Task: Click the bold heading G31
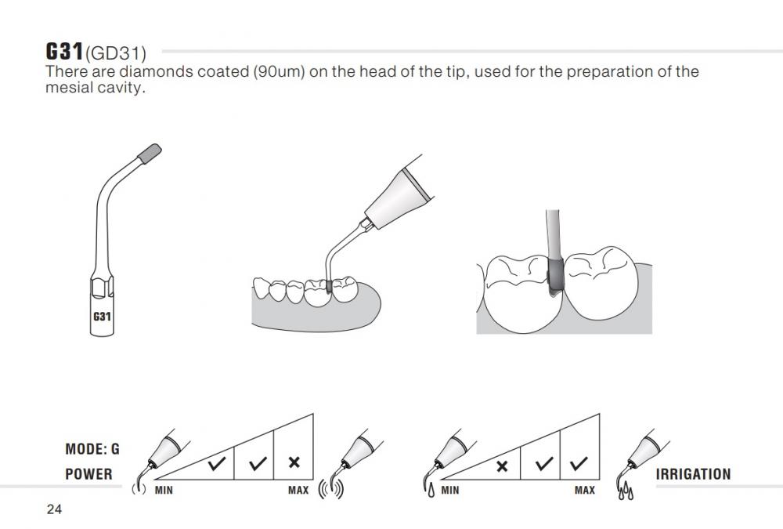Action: click(x=64, y=51)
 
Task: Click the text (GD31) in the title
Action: click(x=116, y=53)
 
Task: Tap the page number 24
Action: click(x=55, y=509)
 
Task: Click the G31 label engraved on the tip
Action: click(x=102, y=316)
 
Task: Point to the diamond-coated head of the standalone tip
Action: click(x=150, y=154)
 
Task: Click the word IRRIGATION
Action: click(x=693, y=474)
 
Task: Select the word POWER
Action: click(x=89, y=474)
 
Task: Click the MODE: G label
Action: click(x=92, y=449)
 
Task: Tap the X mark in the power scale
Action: click(x=294, y=462)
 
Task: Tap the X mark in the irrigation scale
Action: click(x=502, y=466)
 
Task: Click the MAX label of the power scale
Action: click(x=298, y=490)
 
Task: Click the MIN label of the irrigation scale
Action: click(x=450, y=490)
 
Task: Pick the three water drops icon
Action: click(x=626, y=492)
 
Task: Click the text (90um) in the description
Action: click(x=280, y=72)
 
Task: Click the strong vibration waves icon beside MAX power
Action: click(x=331, y=489)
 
